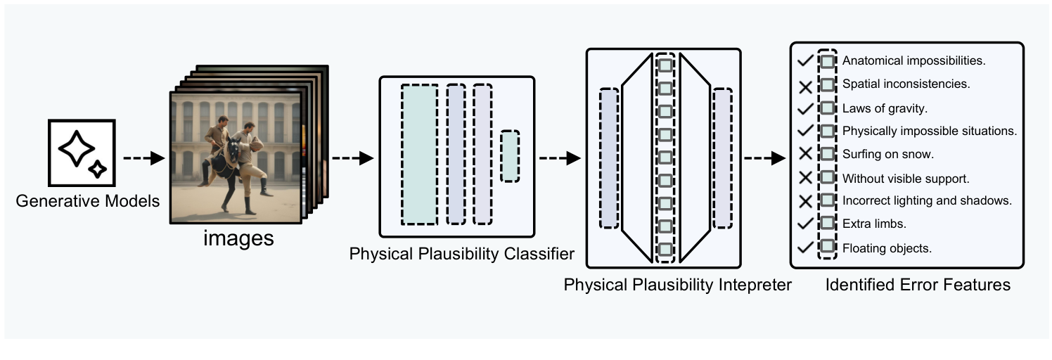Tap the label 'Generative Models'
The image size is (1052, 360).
88,202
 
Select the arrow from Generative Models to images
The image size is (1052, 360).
142,158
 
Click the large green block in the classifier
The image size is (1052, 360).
419,154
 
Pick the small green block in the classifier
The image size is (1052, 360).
510,157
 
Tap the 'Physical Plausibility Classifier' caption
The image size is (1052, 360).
462,253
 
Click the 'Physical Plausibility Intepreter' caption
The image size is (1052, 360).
678,285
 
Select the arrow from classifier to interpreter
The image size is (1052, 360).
559,158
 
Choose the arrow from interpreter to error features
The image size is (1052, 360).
764,158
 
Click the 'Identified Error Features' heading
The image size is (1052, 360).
918,285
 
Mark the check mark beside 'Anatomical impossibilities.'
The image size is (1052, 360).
805,61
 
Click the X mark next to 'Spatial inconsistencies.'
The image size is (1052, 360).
805,85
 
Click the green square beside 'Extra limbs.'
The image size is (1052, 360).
828,224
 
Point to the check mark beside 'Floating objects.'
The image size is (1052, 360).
805,247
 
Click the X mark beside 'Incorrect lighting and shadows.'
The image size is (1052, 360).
805,201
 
